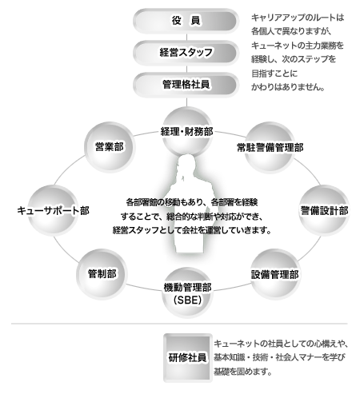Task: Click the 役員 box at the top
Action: coord(186,21)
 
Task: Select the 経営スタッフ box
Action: coord(186,53)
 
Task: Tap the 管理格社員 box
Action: coord(186,85)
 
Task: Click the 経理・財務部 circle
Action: coord(186,132)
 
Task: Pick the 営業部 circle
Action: coord(110,147)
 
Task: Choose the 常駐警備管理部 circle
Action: coord(270,147)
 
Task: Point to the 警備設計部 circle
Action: coord(324,210)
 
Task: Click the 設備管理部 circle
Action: coord(274,274)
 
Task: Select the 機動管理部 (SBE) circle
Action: coord(187,293)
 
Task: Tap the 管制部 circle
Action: coord(102,274)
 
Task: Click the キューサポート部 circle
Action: coord(53,210)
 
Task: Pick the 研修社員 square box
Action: coord(188,357)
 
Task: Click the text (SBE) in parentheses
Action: coord(187,300)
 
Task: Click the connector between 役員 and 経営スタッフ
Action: coord(186,37)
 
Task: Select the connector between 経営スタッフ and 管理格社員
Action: coord(186,69)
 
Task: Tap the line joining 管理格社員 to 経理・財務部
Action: coord(186,102)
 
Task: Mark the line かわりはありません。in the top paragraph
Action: coord(288,87)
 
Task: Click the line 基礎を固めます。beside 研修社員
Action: coord(242,371)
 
